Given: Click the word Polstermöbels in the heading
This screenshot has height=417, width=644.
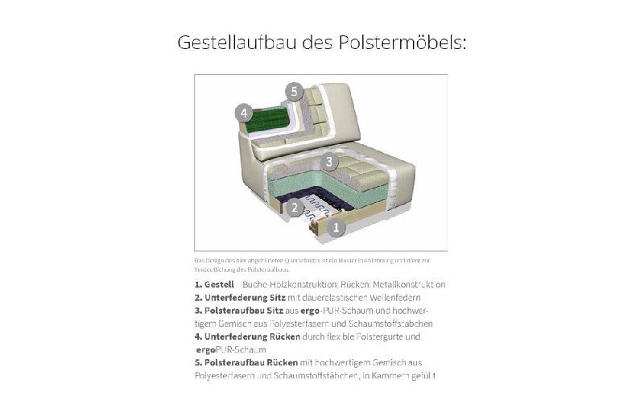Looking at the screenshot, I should (406, 42).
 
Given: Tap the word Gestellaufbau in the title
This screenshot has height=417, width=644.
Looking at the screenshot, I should (234, 42).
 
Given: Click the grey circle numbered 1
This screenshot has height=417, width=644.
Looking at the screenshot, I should (336, 227).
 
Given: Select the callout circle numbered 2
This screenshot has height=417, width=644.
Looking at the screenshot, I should (295, 208).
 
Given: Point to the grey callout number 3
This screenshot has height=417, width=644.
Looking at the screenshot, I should (328, 162).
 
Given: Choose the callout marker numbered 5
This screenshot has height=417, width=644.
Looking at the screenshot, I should (295, 92).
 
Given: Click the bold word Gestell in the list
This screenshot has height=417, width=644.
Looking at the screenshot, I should (219, 284).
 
